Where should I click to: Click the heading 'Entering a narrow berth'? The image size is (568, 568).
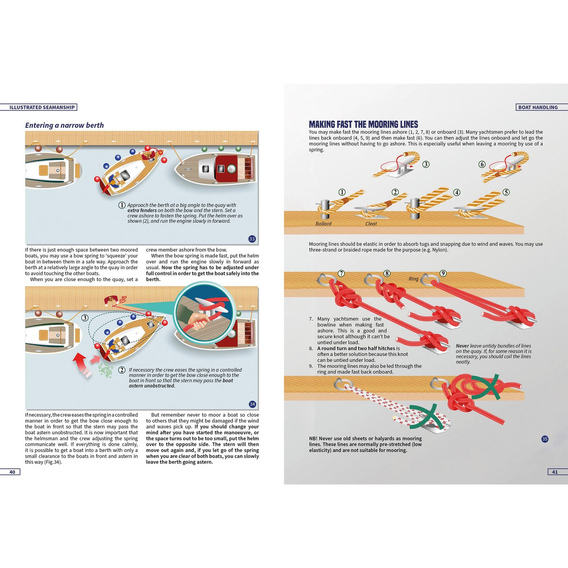tap(64, 125)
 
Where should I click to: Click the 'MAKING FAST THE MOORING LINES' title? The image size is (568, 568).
tap(363, 124)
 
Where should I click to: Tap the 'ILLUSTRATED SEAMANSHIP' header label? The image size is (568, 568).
tap(42, 107)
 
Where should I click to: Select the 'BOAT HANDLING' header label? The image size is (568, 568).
tap(538, 107)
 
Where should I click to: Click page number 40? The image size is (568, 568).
tap(12, 472)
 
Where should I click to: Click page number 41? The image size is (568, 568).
tap(554, 472)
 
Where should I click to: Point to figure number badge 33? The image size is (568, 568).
tap(252, 239)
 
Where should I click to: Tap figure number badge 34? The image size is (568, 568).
tap(252, 404)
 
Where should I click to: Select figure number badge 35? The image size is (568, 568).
tap(545, 439)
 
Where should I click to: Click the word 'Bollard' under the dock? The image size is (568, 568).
tap(323, 224)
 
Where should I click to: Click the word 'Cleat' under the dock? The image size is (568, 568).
tap(371, 224)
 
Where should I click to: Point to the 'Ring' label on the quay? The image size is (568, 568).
tap(414, 279)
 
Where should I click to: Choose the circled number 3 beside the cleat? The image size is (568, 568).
tap(426, 164)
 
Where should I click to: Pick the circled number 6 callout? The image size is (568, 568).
tap(482, 164)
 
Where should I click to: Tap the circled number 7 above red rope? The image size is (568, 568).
tap(341, 273)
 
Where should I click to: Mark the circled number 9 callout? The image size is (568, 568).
tap(443, 273)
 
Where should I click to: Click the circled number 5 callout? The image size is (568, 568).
tap(506, 192)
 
